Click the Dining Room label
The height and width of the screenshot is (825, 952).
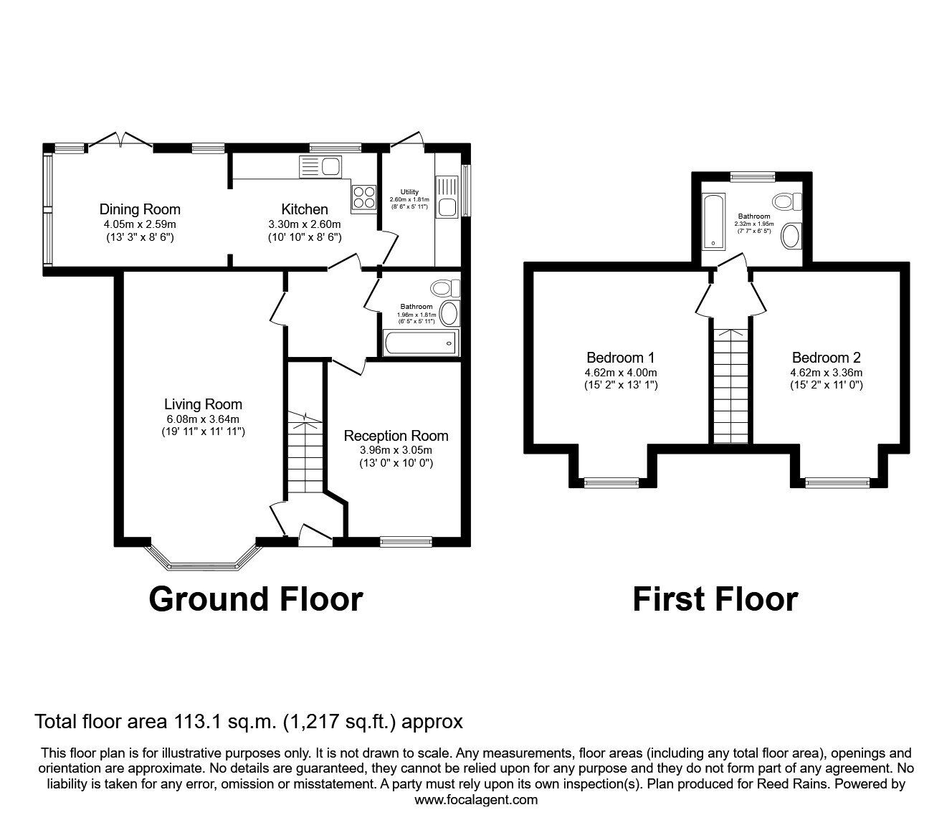[x=140, y=209]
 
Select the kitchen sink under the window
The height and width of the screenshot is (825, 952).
[x=320, y=167]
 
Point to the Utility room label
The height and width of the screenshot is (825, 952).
[x=409, y=191]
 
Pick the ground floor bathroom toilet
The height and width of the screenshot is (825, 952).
[x=445, y=289]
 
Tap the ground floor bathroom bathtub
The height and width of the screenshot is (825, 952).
[x=421, y=343]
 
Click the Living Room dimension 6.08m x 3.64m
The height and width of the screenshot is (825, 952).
[x=203, y=419]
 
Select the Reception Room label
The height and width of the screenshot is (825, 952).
[x=396, y=436]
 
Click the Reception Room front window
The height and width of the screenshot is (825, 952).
[x=406, y=542]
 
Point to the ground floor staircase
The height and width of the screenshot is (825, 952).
[x=305, y=452]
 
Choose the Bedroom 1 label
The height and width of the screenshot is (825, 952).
[x=620, y=358]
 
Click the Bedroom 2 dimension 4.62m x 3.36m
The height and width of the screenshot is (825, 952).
[x=827, y=373]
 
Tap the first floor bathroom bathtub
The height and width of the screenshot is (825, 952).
[x=713, y=221]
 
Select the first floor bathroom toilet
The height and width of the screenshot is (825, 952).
[x=788, y=201]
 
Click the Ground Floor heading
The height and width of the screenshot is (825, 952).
[x=256, y=599]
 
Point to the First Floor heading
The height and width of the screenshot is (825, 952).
[x=715, y=599]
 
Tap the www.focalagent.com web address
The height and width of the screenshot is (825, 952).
[x=476, y=800]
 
